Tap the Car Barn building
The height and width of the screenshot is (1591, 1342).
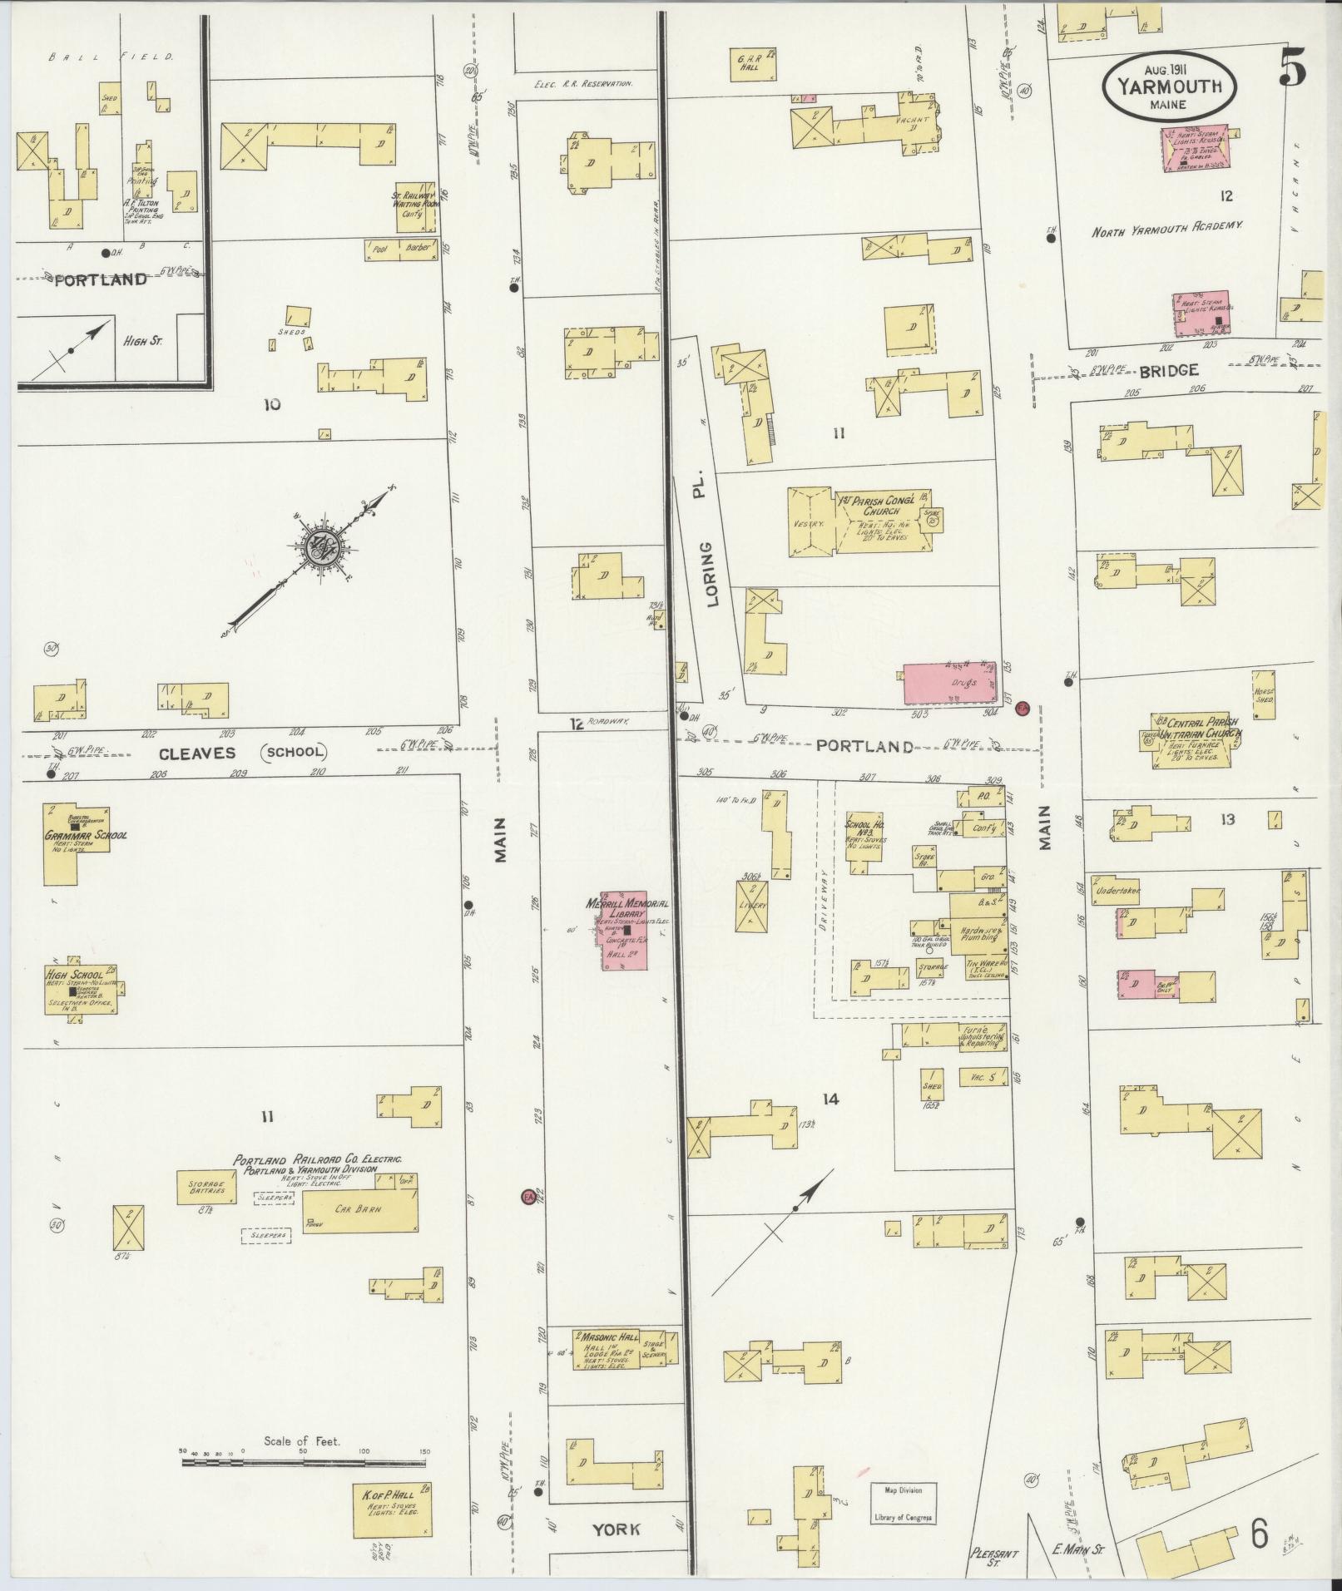359,1209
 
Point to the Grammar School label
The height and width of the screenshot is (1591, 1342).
87,834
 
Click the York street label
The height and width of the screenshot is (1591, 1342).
617,1529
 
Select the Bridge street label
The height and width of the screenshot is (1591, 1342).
1168,371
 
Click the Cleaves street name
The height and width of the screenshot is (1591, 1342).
199,752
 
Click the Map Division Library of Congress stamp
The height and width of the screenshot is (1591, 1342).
903,1503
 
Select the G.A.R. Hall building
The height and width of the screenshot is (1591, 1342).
752,64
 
